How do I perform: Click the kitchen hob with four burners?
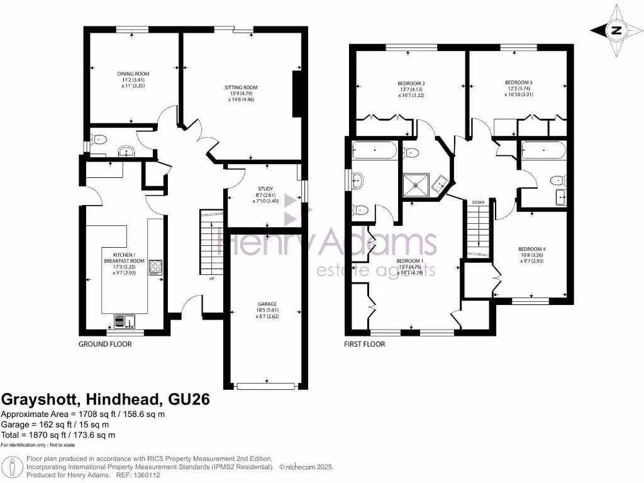(x=155, y=268)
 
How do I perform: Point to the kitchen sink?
(x=125, y=321)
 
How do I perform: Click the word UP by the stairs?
(x=211, y=279)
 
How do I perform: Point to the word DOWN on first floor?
(x=478, y=202)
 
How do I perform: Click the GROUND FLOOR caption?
(x=105, y=344)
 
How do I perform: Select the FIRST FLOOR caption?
(x=364, y=344)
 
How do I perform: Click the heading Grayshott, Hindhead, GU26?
(x=106, y=399)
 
